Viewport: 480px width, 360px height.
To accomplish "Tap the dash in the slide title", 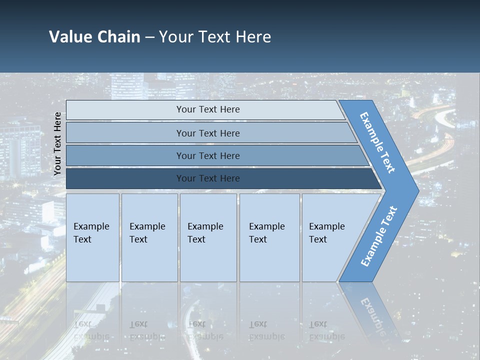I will pos(149,37).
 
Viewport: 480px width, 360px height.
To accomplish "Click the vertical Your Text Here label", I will pos(57,144).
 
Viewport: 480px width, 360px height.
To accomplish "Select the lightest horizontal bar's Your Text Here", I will pos(208,109).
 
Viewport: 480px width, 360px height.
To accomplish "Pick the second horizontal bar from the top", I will pos(208,133).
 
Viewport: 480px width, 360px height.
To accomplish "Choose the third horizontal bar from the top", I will pos(208,156).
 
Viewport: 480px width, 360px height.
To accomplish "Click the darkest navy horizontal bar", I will pos(208,178).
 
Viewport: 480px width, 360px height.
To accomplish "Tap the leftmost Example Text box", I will pos(92,237).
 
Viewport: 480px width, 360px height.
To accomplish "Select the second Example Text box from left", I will pos(149,237).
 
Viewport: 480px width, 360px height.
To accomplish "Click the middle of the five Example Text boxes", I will pos(207,237).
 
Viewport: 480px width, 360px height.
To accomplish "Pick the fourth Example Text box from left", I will pos(269,237).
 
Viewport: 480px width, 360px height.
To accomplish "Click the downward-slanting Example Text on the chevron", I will pos(377,142).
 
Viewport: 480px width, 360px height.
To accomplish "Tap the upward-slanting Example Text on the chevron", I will pos(378,236).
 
